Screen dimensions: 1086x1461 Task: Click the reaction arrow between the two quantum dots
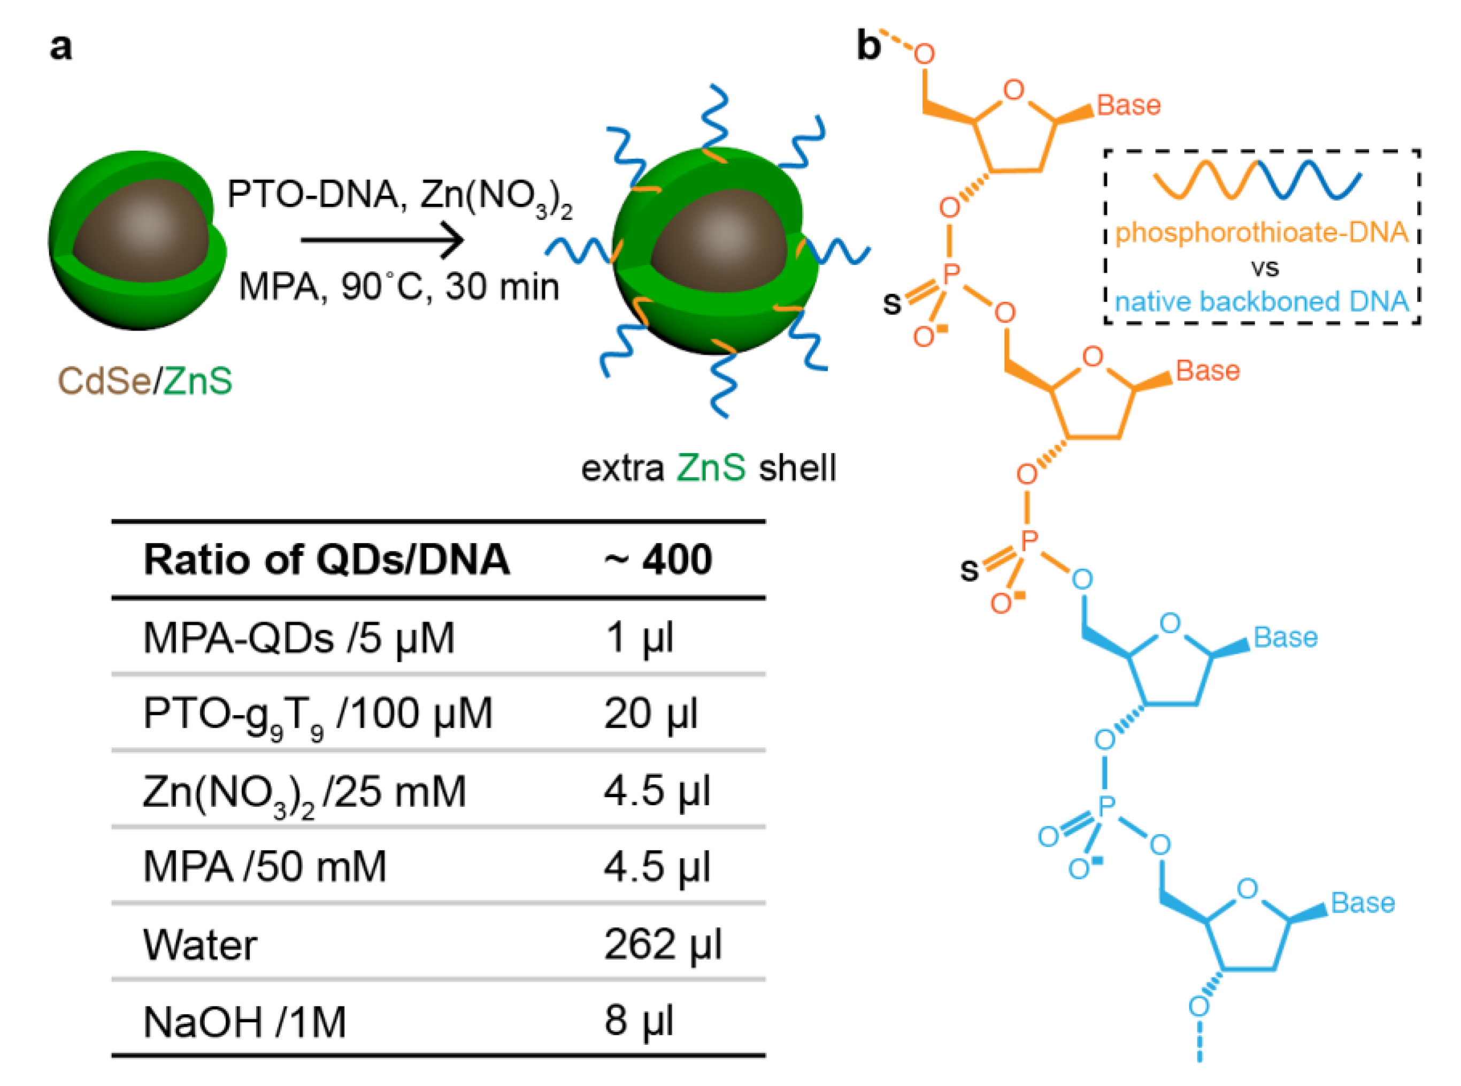pyautogui.click(x=381, y=239)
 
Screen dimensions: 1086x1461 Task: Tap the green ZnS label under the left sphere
pyautogui.click(x=198, y=380)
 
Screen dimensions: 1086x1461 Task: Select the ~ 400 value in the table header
pyautogui.click(x=657, y=560)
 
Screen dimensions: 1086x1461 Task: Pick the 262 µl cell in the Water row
pyautogui.click(x=663, y=944)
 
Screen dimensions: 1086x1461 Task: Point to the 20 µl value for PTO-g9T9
pyautogui.click(x=651, y=713)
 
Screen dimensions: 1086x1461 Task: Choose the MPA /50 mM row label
pyautogui.click(x=264, y=867)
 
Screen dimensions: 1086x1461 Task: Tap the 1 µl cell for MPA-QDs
pyautogui.click(x=639, y=637)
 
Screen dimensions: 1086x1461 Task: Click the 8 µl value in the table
pyautogui.click(x=639, y=1021)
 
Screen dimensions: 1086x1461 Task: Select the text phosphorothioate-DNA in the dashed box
pyautogui.click(x=1262, y=233)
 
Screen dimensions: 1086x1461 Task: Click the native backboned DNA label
pyautogui.click(x=1262, y=302)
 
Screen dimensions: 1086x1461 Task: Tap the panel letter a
pyautogui.click(x=61, y=47)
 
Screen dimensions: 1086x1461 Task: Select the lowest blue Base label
pyautogui.click(x=1363, y=903)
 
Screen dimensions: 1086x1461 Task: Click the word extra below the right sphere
pyautogui.click(x=622, y=468)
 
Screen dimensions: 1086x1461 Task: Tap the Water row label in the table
pyautogui.click(x=200, y=945)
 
